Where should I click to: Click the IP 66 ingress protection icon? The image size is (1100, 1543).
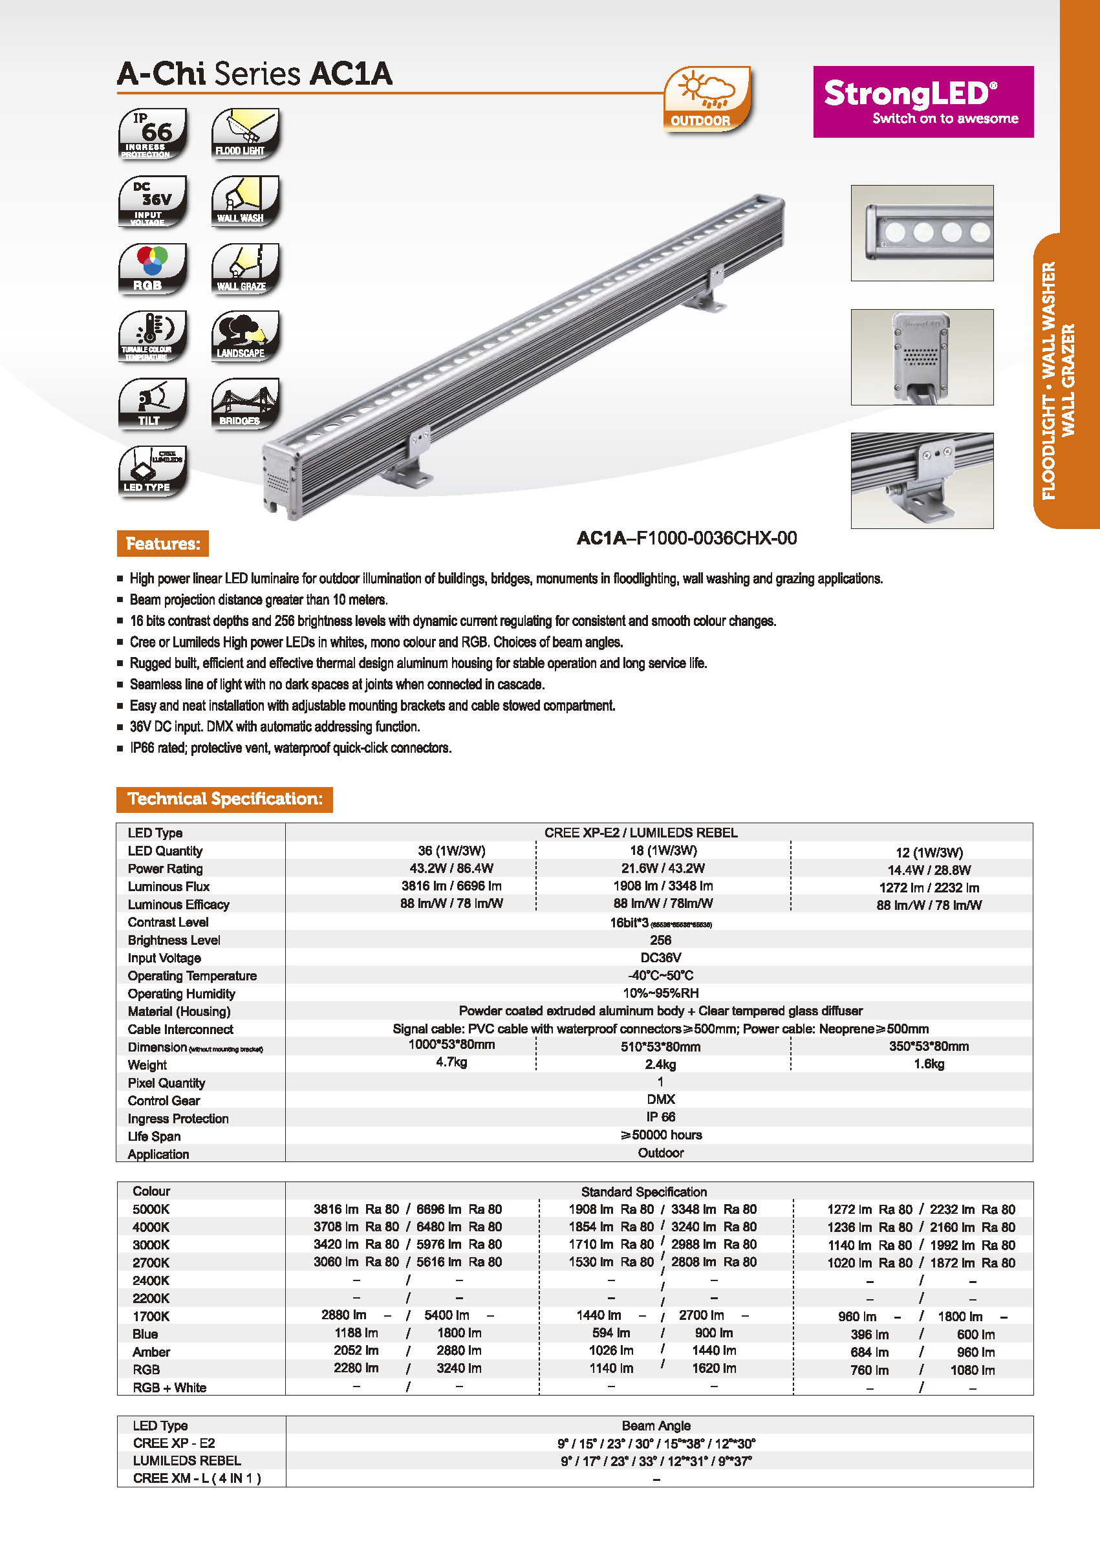pos(153,133)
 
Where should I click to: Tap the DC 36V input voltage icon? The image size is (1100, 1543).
pos(153,201)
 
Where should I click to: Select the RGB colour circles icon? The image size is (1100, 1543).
pos(153,269)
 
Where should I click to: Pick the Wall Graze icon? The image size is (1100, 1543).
pos(245,269)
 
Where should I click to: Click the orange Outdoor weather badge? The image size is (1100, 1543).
pos(706,99)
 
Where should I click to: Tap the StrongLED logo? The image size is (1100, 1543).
pos(923,102)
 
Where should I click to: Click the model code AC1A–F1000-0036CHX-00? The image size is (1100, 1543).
pos(686,538)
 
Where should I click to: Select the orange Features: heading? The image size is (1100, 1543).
pos(162,543)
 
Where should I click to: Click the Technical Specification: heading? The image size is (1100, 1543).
pos(224,799)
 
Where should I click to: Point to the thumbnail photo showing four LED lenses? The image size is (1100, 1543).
pos(922,232)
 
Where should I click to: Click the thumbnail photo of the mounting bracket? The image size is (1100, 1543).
pos(922,480)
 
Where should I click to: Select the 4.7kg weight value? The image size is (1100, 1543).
pos(451,1062)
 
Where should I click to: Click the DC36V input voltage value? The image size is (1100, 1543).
pos(660,957)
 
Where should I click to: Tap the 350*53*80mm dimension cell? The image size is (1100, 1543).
pos(929,1046)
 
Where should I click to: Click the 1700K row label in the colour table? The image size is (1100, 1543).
pos(151,1315)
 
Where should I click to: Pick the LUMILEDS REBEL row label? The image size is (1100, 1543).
pos(187,1460)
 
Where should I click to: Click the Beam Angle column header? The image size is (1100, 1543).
pos(656,1425)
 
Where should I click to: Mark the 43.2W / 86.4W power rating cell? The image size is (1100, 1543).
pos(451,868)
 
